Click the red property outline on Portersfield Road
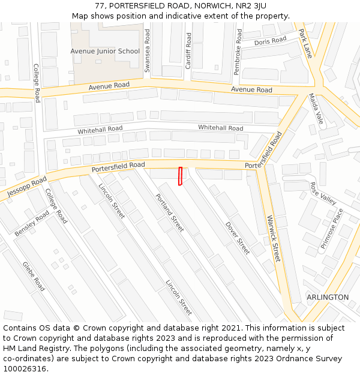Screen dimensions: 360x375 180,176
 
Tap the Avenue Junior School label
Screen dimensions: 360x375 105,51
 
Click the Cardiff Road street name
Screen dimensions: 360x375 188,50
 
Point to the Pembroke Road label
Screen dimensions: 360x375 238,52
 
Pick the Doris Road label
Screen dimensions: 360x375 270,41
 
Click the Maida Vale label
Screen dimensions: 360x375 316,109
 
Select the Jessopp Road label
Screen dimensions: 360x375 26,188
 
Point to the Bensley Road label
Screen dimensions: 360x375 32,223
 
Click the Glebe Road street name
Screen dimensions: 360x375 34,276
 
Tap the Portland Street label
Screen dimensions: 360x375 170,213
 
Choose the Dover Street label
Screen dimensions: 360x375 238,238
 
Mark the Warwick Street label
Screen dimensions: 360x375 274,238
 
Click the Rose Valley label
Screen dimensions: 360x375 323,193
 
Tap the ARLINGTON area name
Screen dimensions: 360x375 328,297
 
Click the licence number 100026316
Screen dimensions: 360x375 25,369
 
